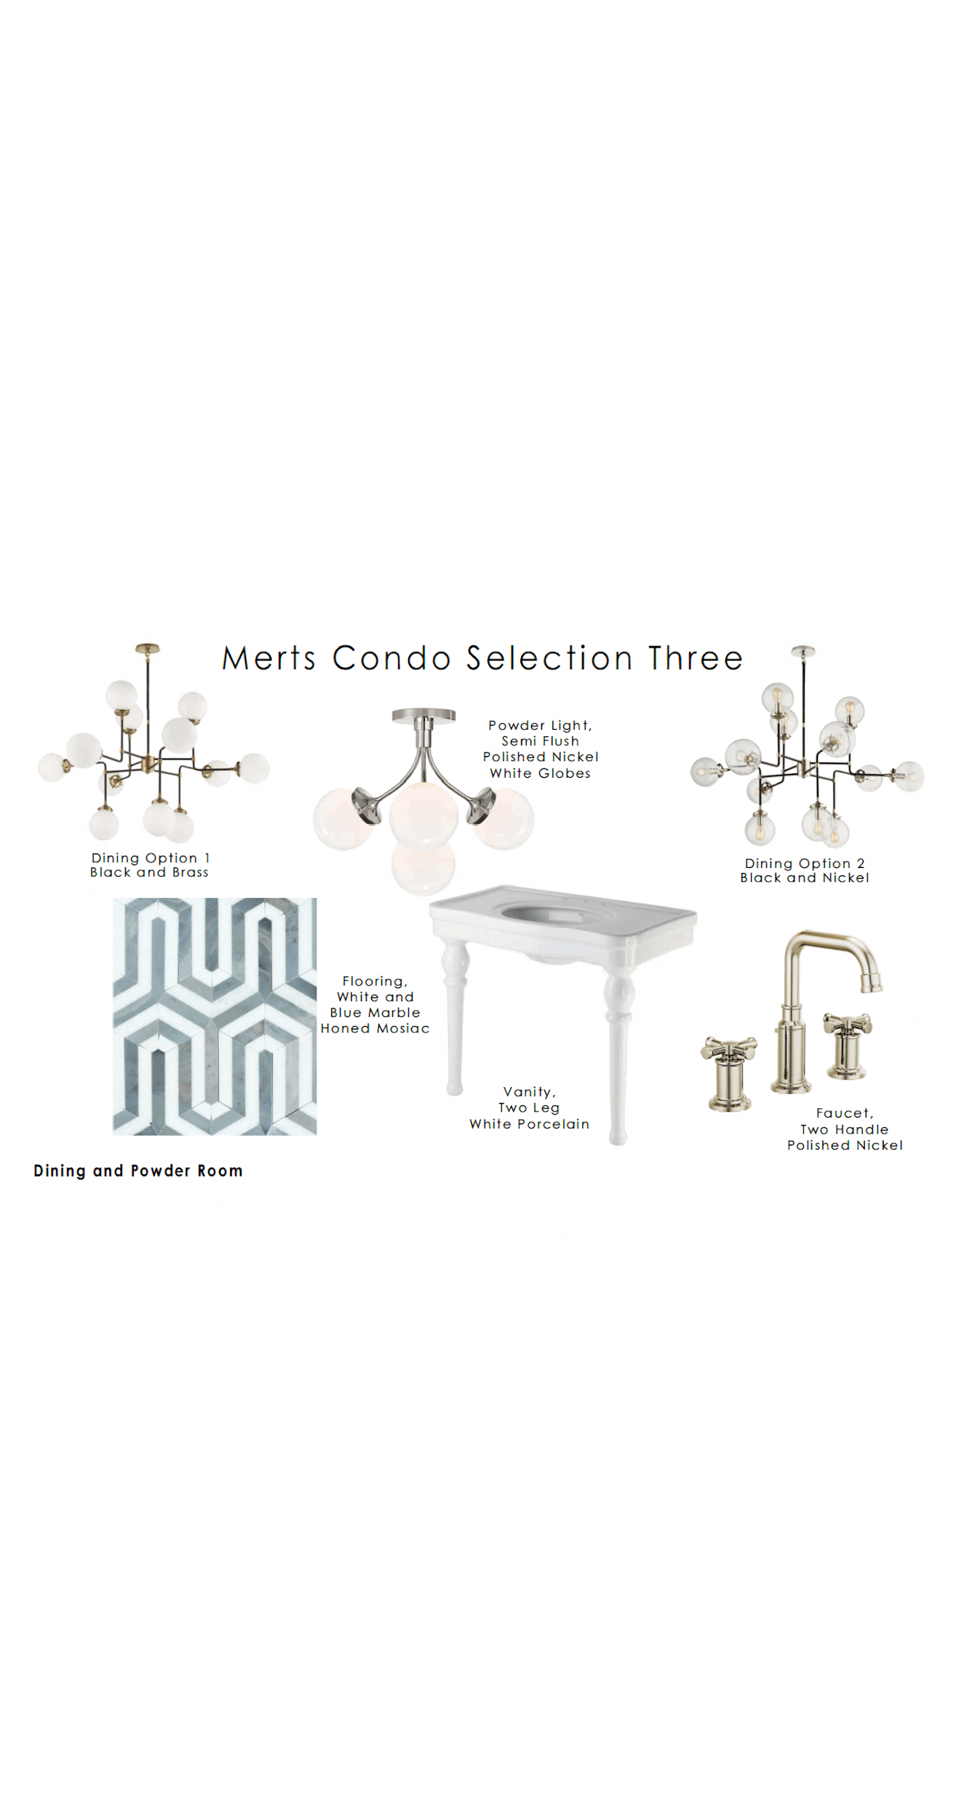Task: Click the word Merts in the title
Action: click(268, 658)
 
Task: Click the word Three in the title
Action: click(696, 658)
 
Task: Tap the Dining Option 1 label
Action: click(151, 859)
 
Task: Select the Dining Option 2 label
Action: click(805, 864)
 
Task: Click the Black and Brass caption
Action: click(149, 872)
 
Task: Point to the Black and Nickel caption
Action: click(805, 878)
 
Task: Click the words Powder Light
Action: click(540, 725)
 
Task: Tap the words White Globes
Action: click(540, 773)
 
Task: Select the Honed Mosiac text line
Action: click(375, 1029)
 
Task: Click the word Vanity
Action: click(529, 1092)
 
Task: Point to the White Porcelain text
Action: click(529, 1124)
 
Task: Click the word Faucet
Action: click(844, 1113)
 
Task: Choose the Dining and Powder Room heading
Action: click(138, 1171)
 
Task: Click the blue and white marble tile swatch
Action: click(215, 1016)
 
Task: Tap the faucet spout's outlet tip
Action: click(872, 987)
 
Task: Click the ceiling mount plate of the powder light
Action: click(423, 715)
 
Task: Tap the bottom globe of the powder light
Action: click(423, 867)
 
